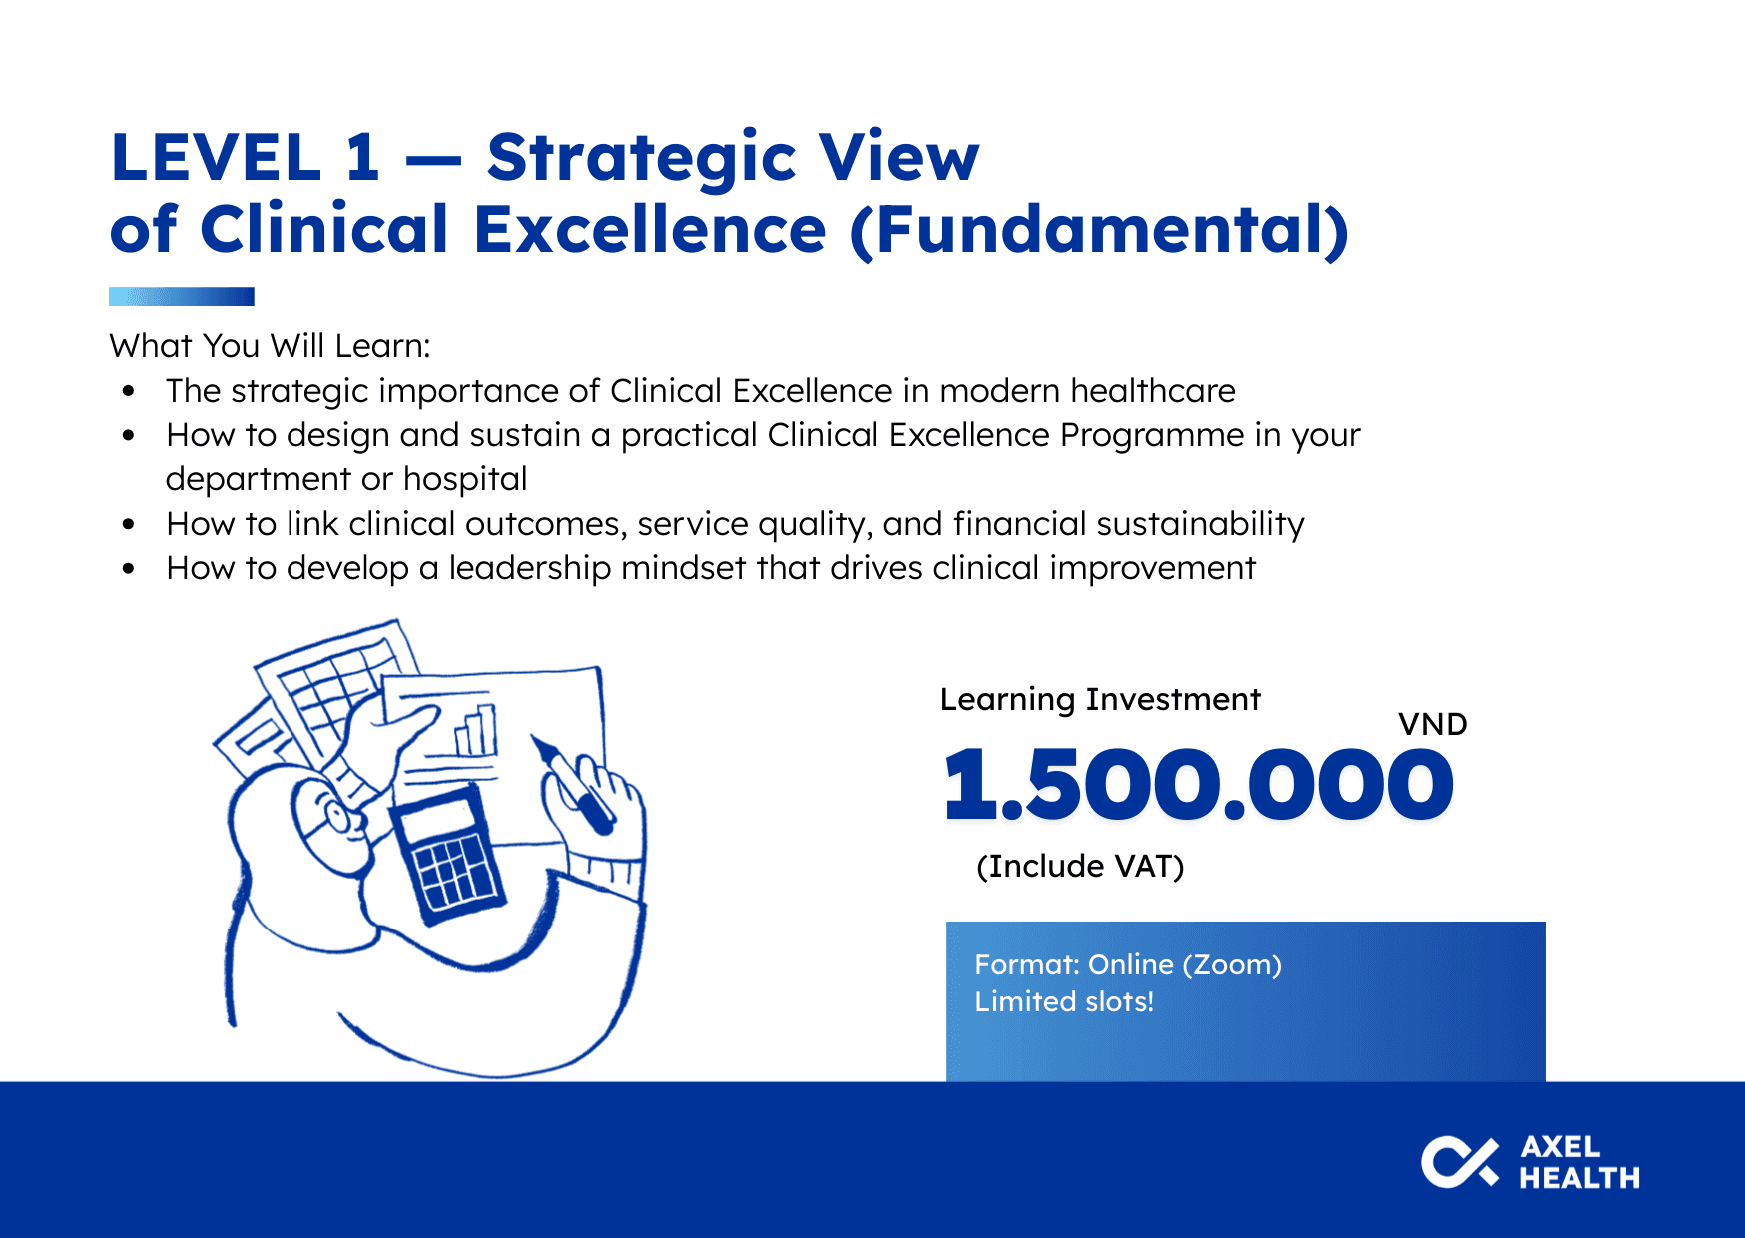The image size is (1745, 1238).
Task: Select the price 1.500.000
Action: click(x=1199, y=785)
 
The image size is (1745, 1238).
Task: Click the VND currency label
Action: click(x=1433, y=724)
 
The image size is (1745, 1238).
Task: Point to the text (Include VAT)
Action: click(x=1080, y=866)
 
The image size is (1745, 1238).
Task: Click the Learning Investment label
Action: click(x=1100, y=699)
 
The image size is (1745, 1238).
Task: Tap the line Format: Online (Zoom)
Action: click(x=1128, y=965)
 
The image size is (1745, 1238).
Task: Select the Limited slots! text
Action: click(x=1064, y=1001)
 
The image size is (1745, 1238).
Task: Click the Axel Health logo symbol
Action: click(x=1459, y=1163)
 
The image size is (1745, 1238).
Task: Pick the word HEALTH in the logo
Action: click(x=1579, y=1178)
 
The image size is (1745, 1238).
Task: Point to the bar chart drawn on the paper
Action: click(x=476, y=729)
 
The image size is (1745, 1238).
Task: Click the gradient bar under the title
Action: click(x=182, y=296)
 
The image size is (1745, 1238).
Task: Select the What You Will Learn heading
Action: click(x=270, y=346)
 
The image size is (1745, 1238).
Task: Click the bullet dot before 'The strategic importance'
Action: click(x=128, y=391)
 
